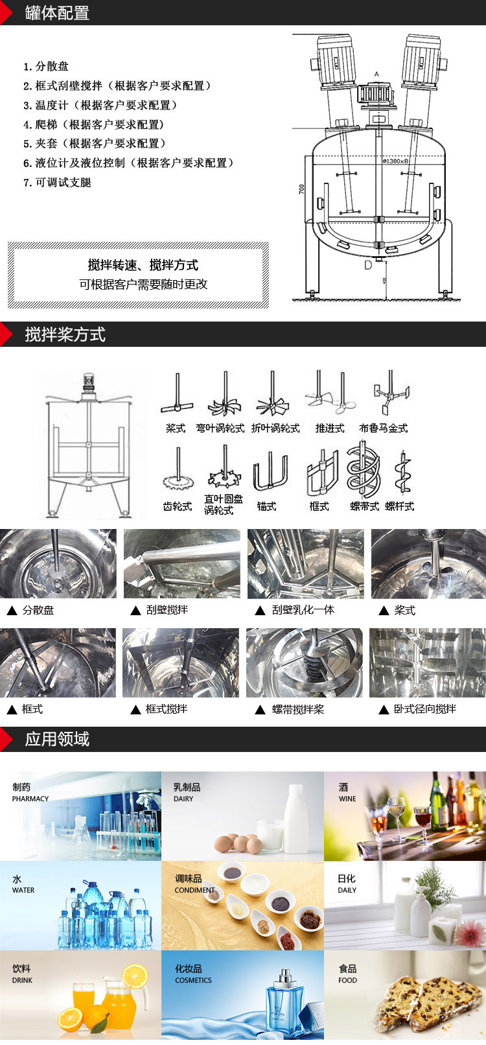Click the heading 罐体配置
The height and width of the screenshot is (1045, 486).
click(57, 13)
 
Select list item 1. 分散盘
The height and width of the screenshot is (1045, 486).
click(46, 66)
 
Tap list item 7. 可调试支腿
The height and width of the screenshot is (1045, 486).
click(58, 182)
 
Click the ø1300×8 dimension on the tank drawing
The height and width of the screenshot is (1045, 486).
click(395, 161)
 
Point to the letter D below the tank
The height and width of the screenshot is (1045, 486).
click(368, 264)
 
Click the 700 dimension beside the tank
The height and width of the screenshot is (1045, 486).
click(301, 189)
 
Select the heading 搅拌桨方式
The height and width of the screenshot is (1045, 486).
click(65, 335)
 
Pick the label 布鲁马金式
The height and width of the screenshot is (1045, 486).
click(384, 429)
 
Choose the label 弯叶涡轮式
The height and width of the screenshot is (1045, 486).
click(220, 429)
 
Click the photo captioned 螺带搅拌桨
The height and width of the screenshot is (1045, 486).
click(305, 663)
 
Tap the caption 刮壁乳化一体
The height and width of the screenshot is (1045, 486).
click(303, 610)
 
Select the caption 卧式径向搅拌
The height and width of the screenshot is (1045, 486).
click(425, 709)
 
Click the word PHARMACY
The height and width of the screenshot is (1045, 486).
click(30, 799)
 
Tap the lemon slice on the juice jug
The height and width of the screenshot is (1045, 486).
click(135, 976)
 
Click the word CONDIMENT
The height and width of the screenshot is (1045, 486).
click(194, 890)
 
